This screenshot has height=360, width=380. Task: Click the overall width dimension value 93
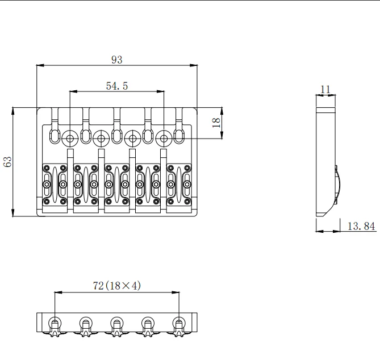pos(117,60)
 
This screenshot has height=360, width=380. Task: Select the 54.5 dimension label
pos(117,86)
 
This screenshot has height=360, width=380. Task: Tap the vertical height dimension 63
pos(8,162)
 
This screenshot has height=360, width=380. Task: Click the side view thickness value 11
pos(325,89)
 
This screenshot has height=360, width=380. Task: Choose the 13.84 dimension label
pos(361,226)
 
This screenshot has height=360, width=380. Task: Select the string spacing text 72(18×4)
pos(116,286)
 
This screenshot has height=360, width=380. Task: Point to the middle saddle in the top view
pos(117,185)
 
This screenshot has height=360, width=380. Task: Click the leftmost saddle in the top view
pos(55,185)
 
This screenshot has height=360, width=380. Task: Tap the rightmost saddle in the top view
pos(179,185)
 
